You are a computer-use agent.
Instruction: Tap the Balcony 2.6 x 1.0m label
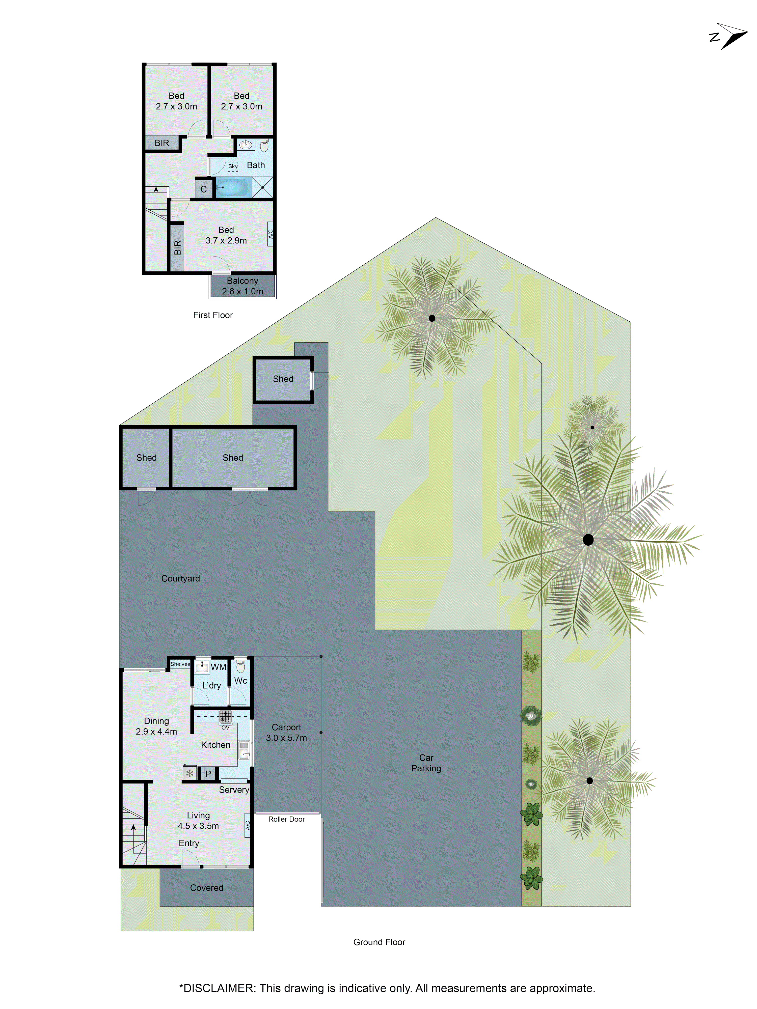pyautogui.click(x=242, y=286)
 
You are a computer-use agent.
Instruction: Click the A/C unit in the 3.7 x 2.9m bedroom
pyautogui.click(x=270, y=234)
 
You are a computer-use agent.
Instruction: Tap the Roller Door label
pyautogui.click(x=286, y=819)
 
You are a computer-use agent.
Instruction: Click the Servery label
pyautogui.click(x=234, y=790)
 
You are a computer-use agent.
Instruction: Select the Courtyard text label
pyautogui.click(x=180, y=578)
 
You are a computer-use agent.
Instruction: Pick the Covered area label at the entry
pyautogui.click(x=206, y=888)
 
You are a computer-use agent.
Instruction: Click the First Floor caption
pyautogui.click(x=213, y=315)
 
